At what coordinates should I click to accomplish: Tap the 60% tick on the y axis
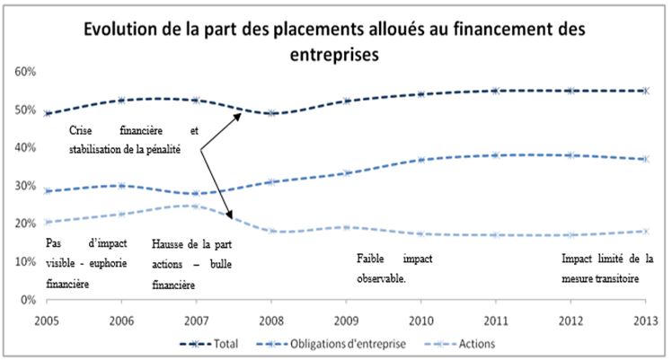(24, 71)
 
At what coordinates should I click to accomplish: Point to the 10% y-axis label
(24, 262)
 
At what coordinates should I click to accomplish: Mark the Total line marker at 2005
(46, 113)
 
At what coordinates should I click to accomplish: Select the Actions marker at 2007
(196, 206)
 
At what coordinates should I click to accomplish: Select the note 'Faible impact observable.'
(395, 268)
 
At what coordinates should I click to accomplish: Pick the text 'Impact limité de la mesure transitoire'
(600, 268)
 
